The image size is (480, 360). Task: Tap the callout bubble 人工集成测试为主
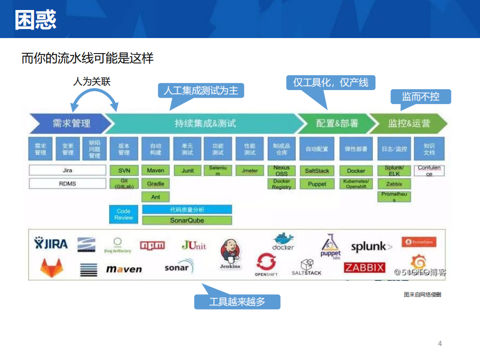(201, 91)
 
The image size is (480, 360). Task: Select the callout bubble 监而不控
(420, 97)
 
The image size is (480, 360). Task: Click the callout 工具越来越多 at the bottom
(237, 302)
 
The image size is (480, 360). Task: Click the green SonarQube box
(187, 220)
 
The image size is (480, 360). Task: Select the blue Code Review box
(124, 214)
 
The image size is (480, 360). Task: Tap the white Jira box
(68, 170)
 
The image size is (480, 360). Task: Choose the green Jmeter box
(250, 170)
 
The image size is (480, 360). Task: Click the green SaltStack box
(317, 170)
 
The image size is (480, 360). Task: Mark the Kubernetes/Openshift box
(356, 184)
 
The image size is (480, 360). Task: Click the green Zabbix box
(394, 184)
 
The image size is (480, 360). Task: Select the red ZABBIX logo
(364, 267)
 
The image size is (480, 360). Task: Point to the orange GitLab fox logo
(52, 268)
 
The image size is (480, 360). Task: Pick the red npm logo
(152, 245)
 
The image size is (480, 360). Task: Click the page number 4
(440, 343)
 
